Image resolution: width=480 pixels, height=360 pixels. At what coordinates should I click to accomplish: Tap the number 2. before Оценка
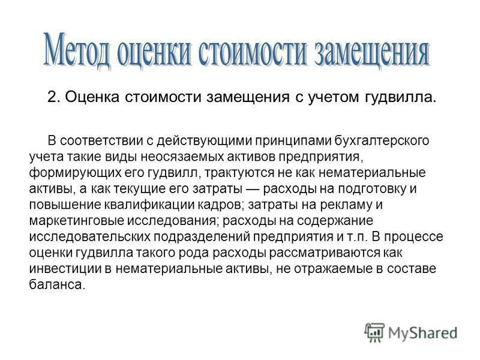coord(53,98)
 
